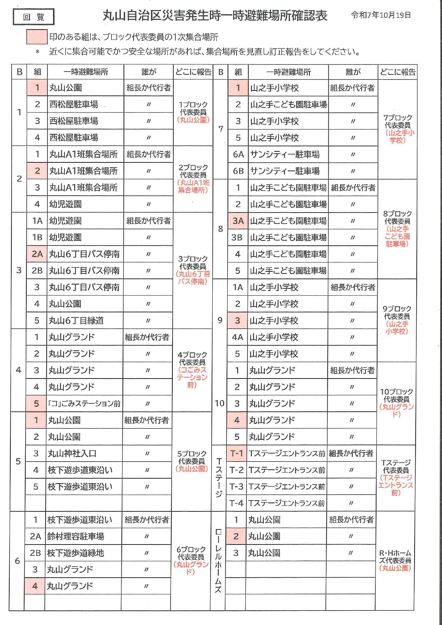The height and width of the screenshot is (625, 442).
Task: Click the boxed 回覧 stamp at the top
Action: pos(33,17)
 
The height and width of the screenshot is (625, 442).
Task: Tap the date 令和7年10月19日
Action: pos(380,15)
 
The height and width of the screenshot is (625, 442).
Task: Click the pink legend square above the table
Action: pos(37,37)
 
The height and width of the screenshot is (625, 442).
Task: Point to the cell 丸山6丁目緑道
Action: pos(76,321)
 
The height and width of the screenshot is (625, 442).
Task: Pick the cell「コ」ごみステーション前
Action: pos(84,403)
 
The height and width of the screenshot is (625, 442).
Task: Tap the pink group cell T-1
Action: pos(236,453)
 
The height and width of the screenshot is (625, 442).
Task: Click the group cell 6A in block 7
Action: pos(238,154)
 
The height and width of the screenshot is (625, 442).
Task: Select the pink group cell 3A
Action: pos(238,221)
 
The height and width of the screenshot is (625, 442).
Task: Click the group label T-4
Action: pos(236,503)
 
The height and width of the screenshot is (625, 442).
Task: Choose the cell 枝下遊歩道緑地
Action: pos(76,553)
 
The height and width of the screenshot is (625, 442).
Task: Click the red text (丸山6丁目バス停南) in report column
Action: pos(193,278)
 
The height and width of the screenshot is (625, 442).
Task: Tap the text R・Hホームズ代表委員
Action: pos(395,557)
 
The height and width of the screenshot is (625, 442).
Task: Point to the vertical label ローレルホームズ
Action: pos(218,561)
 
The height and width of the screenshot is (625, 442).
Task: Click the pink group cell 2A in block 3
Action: pos(37,254)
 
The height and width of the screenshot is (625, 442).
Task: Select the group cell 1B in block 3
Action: pos(37,237)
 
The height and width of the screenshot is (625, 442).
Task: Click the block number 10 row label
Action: pos(219,403)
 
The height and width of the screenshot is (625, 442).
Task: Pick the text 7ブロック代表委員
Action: pos(397,121)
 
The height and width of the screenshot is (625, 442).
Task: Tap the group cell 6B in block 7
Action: pos(238,171)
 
